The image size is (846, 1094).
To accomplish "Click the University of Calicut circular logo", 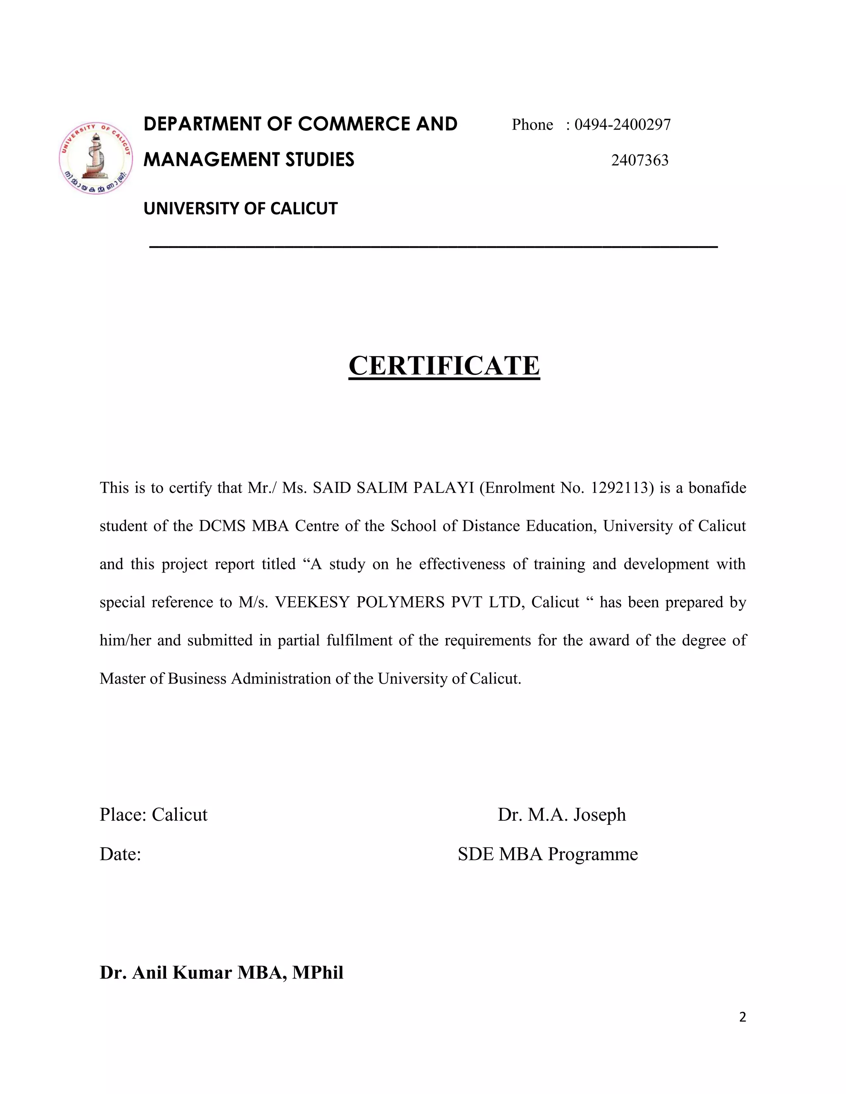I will point(96,158).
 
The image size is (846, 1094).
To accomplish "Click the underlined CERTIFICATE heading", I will point(444,365).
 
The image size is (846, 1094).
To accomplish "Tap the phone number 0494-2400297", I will point(622,125).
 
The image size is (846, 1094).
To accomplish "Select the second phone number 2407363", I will point(639,160).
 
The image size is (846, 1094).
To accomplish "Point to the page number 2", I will point(742,1017).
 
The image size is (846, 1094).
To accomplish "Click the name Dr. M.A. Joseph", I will point(561,815).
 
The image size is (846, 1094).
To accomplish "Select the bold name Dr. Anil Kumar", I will point(165,973).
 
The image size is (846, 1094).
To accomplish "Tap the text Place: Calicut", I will point(153,815).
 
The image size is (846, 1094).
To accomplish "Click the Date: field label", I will point(120,854).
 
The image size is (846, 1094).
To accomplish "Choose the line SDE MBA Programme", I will point(547,854).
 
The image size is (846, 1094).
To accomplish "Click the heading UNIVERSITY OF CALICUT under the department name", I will point(240,208).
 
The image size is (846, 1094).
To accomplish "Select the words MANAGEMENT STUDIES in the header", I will point(249,160).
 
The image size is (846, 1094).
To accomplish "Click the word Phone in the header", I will point(532,125).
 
